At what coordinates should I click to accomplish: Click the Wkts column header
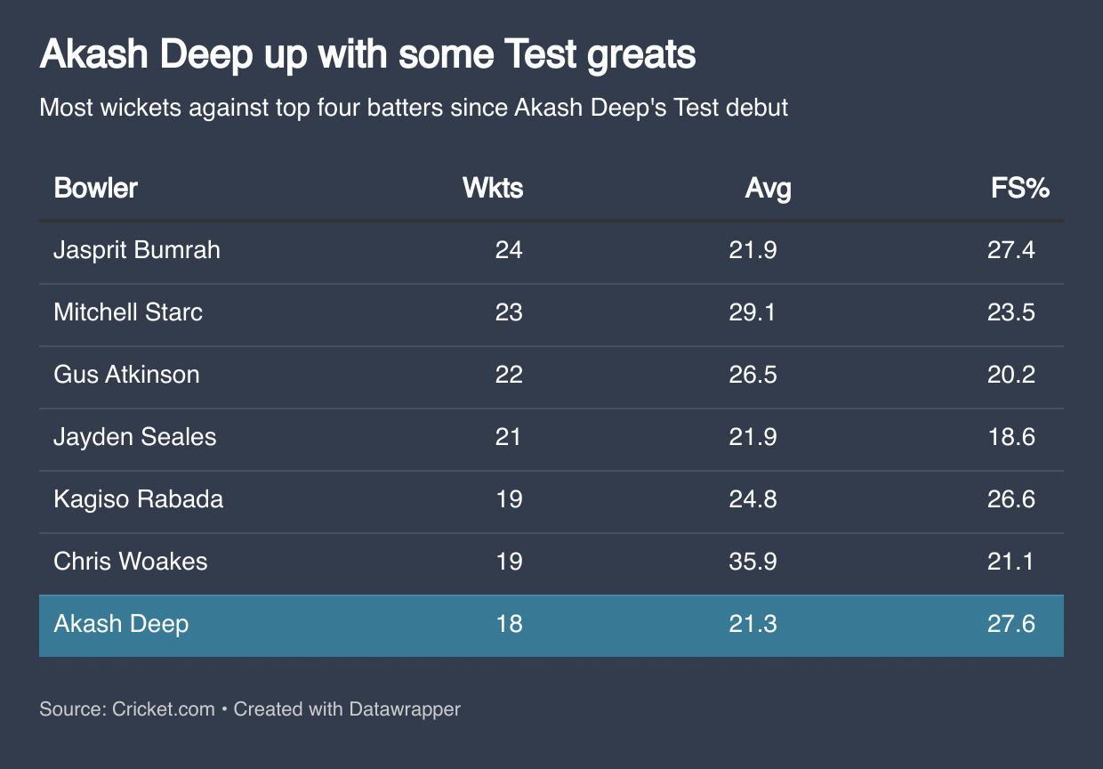click(493, 189)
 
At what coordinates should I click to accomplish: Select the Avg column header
click(768, 189)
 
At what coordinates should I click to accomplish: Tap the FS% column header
click(1020, 189)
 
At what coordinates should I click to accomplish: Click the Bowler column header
click(96, 189)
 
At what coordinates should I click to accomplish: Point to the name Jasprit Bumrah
click(137, 250)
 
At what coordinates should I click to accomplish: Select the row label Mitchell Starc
click(128, 312)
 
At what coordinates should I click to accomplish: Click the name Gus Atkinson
click(126, 375)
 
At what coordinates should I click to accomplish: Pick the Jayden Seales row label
click(135, 437)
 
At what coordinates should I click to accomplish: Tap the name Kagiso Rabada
click(139, 499)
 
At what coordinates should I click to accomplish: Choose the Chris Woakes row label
click(131, 562)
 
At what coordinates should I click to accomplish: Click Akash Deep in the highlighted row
click(121, 624)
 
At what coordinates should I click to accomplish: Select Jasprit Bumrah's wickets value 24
click(509, 250)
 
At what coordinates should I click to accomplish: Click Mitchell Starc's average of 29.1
click(753, 312)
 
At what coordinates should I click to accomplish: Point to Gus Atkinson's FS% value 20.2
click(1010, 375)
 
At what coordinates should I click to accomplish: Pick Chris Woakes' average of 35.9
click(753, 562)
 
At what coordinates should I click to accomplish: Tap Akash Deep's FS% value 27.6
click(1010, 624)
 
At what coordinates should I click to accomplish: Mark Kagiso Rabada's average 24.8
click(753, 499)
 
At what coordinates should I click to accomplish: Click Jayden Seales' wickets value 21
click(508, 437)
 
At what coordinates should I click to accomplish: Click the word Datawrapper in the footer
click(405, 709)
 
